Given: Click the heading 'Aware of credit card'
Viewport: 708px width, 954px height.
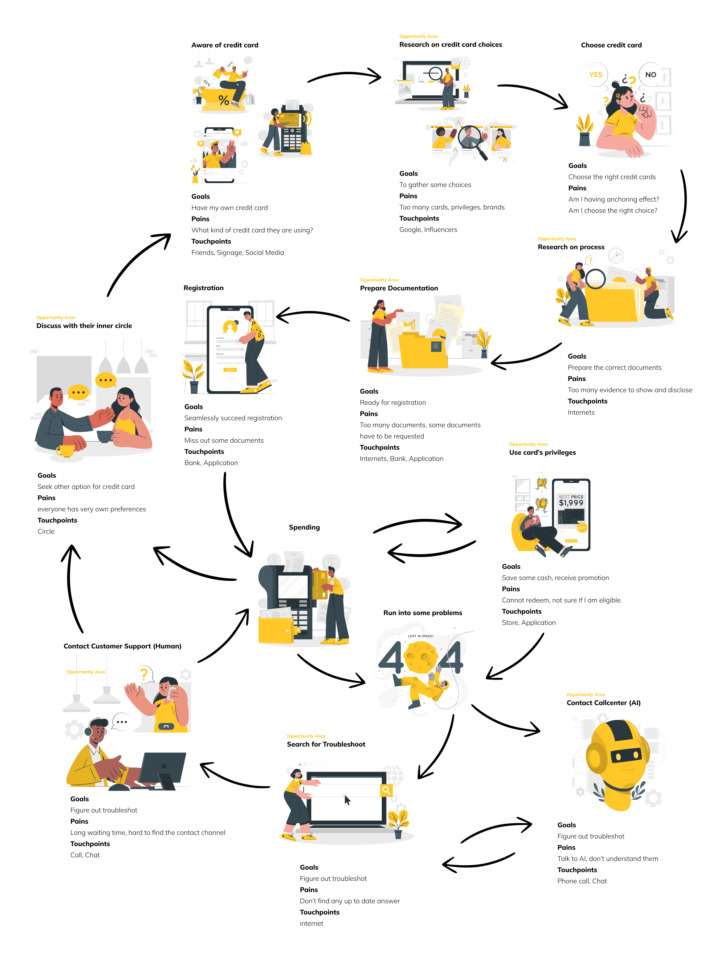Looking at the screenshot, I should [225, 45].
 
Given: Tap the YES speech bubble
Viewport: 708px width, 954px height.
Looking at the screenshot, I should [595, 75].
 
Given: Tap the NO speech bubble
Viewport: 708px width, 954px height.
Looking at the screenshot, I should [650, 75].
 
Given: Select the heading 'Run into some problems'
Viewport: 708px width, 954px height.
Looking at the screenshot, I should [423, 613].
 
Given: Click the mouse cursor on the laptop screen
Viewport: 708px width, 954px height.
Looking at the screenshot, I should [347, 800].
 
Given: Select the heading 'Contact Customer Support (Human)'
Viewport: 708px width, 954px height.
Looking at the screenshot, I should [122, 646].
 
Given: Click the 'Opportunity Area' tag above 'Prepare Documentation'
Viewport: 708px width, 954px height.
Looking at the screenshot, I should [379, 280].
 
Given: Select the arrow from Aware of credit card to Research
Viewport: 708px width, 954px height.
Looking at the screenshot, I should [345, 76].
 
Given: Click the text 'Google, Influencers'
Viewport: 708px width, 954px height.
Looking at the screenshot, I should [428, 230].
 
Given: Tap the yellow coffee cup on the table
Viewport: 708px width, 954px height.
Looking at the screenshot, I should [66, 451].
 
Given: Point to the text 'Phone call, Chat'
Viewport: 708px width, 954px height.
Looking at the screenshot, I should [582, 881].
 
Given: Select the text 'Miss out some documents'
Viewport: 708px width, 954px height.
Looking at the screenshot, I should [224, 441].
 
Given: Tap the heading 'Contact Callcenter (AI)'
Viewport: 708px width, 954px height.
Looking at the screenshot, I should [603, 703].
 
